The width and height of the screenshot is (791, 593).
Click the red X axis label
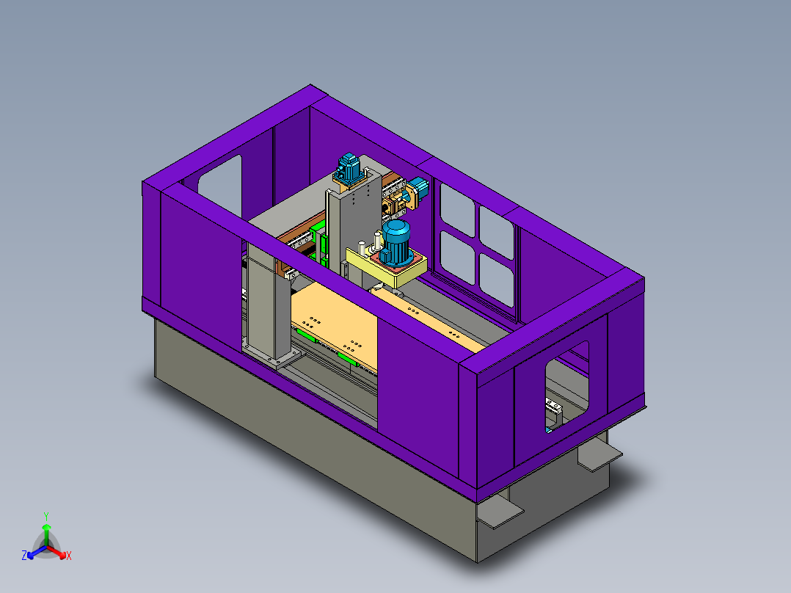pyautogui.click(x=69, y=556)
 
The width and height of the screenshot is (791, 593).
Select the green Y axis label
pyautogui.click(x=45, y=516)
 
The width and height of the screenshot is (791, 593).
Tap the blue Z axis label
pyautogui.click(x=24, y=556)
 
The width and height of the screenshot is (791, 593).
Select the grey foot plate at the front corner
pyautogui.click(x=499, y=513)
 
